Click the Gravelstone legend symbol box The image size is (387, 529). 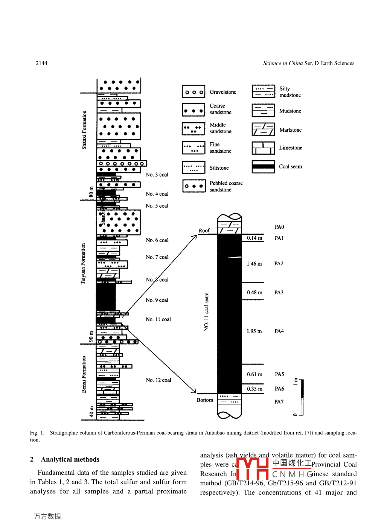[x=193, y=91]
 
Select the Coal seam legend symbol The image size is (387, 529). [x=263, y=166]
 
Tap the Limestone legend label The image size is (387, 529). [x=290, y=148]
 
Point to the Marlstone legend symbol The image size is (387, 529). [x=263, y=129]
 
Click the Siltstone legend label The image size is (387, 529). [x=219, y=168]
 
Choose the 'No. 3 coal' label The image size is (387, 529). [x=157, y=175]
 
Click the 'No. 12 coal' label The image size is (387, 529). [x=158, y=380]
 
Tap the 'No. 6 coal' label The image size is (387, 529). [x=157, y=240]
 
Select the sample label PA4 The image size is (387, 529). [x=279, y=331]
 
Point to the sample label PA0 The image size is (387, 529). [x=279, y=227]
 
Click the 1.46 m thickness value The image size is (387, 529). [x=254, y=264]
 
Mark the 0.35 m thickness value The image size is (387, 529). [x=254, y=389]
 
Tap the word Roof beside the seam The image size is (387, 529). [x=204, y=231]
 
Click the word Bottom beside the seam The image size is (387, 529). [x=205, y=400]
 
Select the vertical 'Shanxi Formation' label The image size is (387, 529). [x=84, y=130]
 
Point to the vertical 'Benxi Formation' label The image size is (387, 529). [x=84, y=374]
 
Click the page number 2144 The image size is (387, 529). [x=41, y=63]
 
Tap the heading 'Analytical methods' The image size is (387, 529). [x=70, y=459]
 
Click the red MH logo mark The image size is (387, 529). [x=252, y=468]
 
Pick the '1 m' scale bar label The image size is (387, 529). [x=296, y=382]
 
